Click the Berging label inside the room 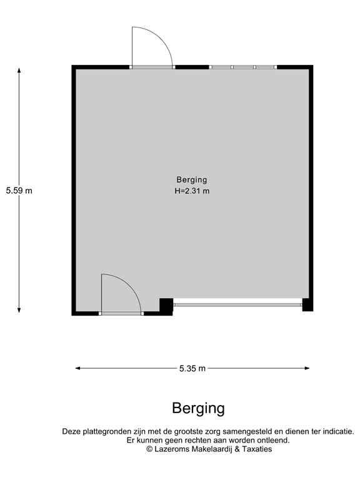pyautogui.click(x=191, y=180)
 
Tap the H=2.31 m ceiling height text pyautogui.click(x=191, y=191)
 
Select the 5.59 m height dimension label pyautogui.click(x=19, y=191)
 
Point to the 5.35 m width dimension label pyautogui.click(x=192, y=369)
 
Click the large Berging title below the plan pyautogui.click(x=198, y=409)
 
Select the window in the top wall pyautogui.click(x=243, y=67)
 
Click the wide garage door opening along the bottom pyautogui.click(x=237, y=304)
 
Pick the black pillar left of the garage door pyautogui.click(x=166, y=305)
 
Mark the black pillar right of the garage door pyautogui.click(x=307, y=305)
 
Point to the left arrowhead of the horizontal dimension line pyautogui.click(x=78, y=369)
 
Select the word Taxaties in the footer pyautogui.click(x=257, y=449)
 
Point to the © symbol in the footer pyautogui.click(x=149, y=449)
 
